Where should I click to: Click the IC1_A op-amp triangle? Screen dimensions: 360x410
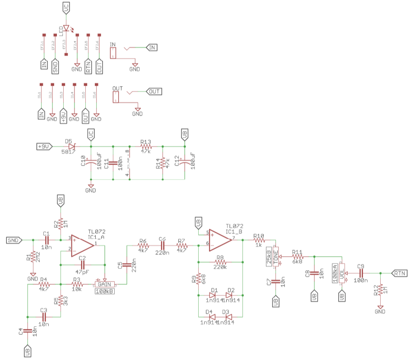(81, 244)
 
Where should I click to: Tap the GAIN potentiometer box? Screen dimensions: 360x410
(104, 284)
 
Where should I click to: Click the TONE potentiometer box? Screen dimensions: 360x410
(276, 257)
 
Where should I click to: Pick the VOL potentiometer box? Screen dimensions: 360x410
(342, 273)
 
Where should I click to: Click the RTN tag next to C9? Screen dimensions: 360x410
(400, 273)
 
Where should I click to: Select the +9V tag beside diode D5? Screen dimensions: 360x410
(44, 147)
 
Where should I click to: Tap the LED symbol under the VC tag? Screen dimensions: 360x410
(67, 28)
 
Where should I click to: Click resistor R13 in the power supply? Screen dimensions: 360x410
(145, 147)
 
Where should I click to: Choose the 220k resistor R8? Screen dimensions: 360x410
(220, 262)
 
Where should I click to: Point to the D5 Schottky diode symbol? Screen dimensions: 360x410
(71, 147)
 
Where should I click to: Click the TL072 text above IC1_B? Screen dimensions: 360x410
(235, 226)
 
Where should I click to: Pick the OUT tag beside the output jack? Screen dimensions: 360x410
(154, 92)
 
